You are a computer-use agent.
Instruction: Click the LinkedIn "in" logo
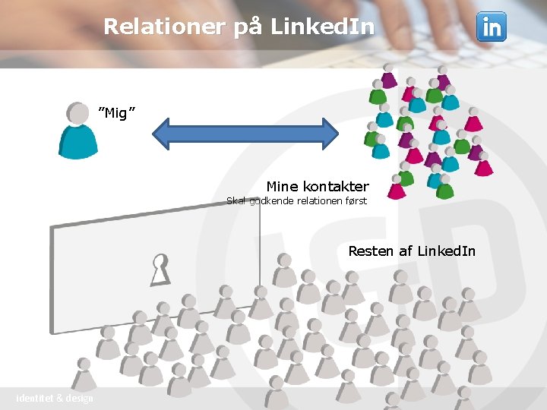pos(491,27)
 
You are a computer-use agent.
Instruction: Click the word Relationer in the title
pos(164,27)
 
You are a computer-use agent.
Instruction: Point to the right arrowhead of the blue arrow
pos(328,134)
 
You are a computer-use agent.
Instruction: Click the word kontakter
pos(336,186)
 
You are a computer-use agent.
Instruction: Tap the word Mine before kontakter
pos(282,186)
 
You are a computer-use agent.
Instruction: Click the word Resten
pos(371,251)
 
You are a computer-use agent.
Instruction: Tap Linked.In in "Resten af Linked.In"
pos(446,251)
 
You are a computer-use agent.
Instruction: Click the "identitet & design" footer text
pos(55,399)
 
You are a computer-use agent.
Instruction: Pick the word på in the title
pos(245,27)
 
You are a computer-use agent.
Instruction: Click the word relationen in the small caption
pos(316,201)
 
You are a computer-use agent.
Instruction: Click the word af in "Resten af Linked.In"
pos(406,251)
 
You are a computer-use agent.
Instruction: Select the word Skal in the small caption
pos(237,201)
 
